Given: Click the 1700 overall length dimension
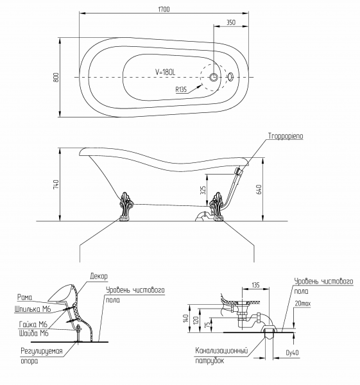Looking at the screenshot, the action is tap(164, 10).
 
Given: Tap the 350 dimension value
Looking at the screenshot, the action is tap(230, 22).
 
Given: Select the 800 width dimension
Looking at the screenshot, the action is tap(56, 78).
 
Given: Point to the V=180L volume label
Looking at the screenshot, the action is tap(166, 72).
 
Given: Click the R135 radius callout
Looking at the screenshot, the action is tap(181, 90).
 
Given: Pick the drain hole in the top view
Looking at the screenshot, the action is tap(214, 77).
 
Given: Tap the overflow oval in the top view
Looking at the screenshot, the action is tap(231, 77).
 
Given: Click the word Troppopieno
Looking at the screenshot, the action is tap(286, 136).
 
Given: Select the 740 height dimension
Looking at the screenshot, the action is tap(56, 184).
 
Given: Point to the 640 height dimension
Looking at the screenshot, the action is tap(259, 189).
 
